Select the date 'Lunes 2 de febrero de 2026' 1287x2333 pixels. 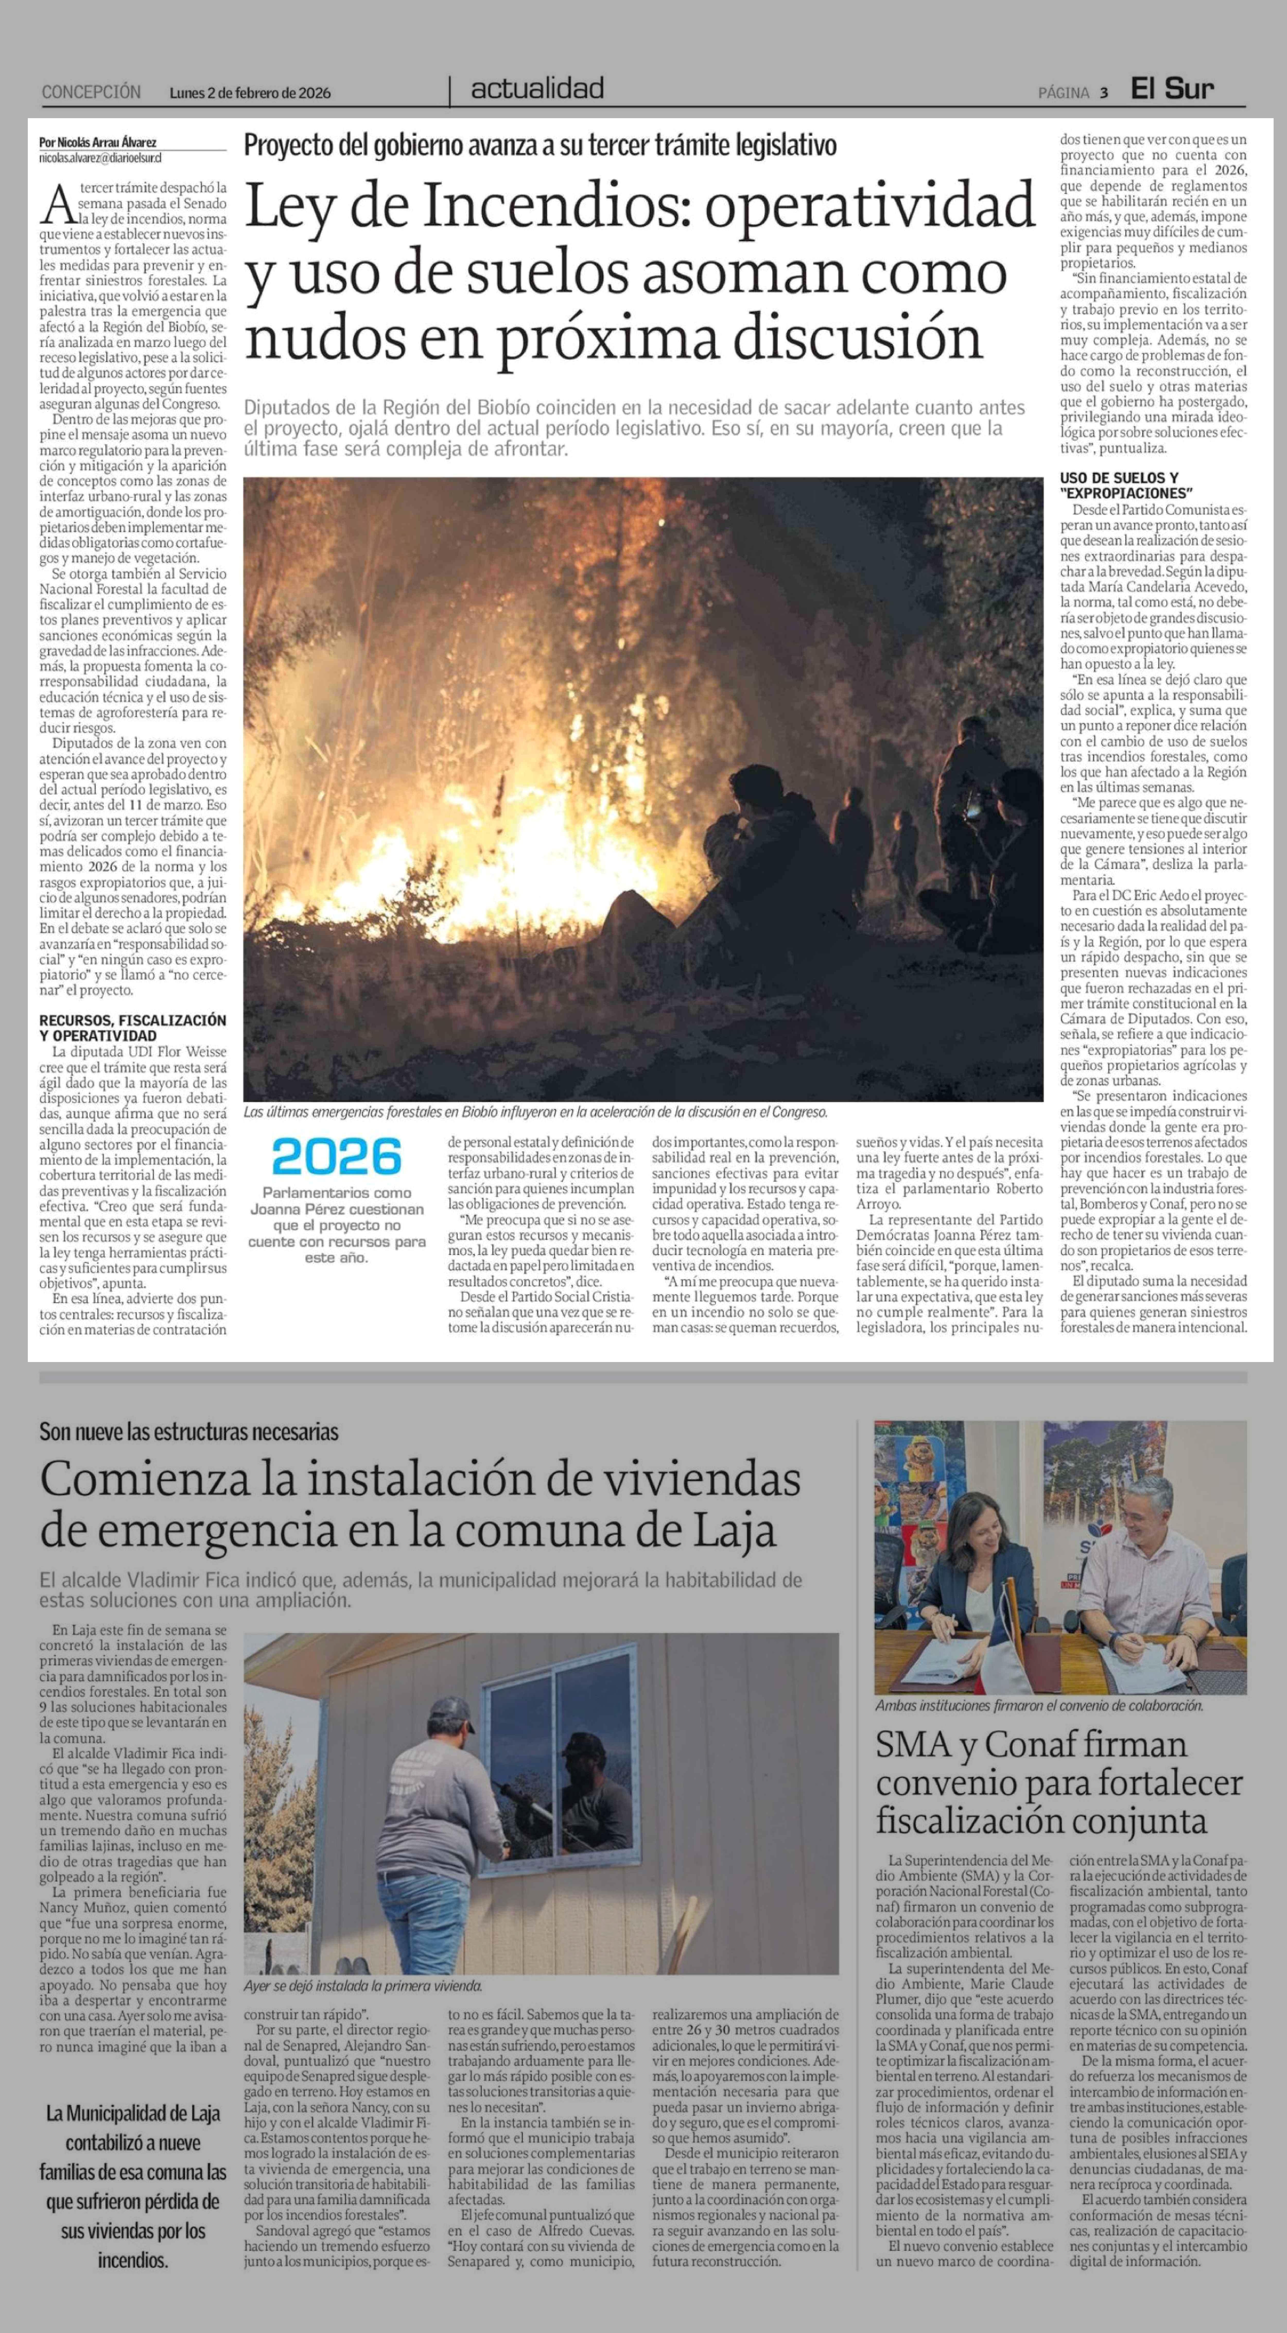pos(250,92)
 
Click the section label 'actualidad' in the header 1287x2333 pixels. pos(537,89)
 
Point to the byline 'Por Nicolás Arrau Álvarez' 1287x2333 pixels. pos(98,142)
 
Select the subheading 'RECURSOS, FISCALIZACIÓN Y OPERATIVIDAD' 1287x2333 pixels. pos(132,1027)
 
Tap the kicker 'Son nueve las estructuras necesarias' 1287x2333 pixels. pos(188,1432)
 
